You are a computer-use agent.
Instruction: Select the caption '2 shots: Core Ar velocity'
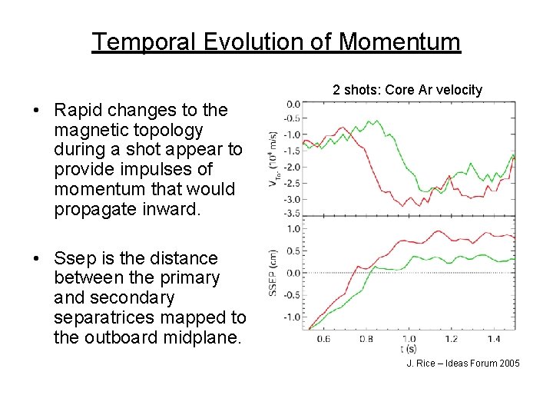407,90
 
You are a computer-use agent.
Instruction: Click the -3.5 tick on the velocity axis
292,213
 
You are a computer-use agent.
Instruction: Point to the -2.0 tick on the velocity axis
292,166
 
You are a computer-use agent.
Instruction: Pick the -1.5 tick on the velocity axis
292,151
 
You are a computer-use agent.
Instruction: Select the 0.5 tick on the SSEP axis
293,251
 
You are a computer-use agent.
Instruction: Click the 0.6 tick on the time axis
323,339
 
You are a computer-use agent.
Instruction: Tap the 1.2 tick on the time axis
451,339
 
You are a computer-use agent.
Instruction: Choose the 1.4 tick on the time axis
494,339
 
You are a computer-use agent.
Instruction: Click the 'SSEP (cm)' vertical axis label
272,273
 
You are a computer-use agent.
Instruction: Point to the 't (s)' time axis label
408,347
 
